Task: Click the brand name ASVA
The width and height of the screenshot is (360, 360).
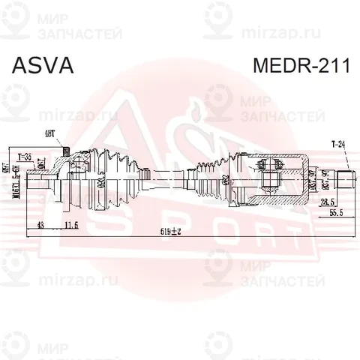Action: pyautogui.click(x=42, y=65)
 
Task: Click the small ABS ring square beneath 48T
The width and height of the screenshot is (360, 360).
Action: pyautogui.click(x=66, y=154)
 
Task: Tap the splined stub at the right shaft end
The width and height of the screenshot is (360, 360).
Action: pyautogui.click(x=346, y=179)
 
